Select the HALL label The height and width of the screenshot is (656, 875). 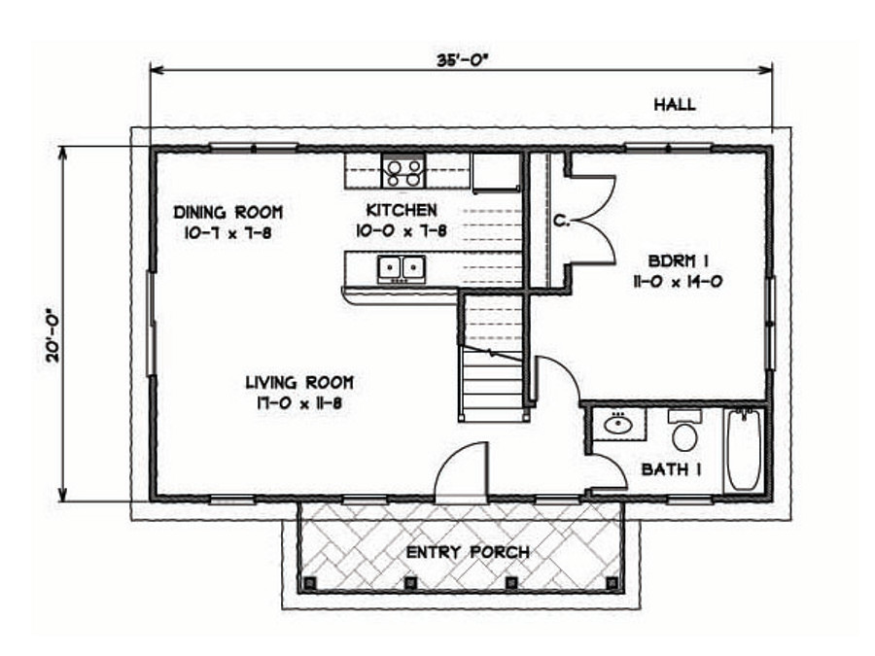click(x=674, y=105)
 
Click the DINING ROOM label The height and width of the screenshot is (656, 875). click(x=227, y=212)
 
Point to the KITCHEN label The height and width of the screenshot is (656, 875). click(x=401, y=209)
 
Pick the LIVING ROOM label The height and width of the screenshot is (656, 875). click(x=298, y=382)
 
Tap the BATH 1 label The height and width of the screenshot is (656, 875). click(x=673, y=469)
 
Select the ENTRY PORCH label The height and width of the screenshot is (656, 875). click(x=468, y=553)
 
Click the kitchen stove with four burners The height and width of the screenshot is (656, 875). click(x=403, y=172)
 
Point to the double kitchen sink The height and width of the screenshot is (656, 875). click(x=402, y=266)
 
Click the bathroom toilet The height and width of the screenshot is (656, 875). click(x=684, y=432)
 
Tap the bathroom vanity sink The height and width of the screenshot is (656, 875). click(x=616, y=425)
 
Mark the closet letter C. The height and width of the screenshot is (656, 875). click(x=561, y=222)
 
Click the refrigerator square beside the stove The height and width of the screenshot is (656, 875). click(x=496, y=171)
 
